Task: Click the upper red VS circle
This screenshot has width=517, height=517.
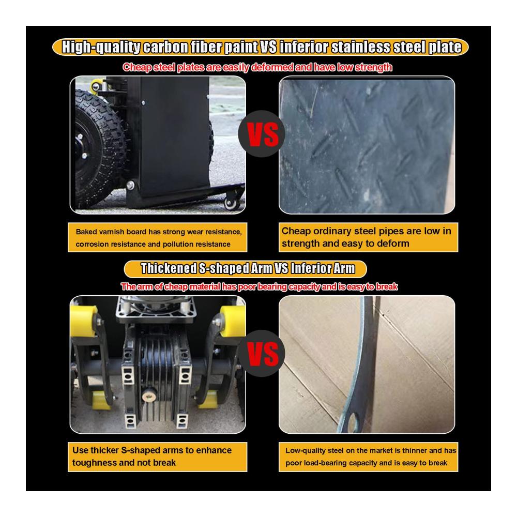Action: (262, 133)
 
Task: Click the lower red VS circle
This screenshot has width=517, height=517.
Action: (262, 354)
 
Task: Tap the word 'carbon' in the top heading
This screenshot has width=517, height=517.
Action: (166, 47)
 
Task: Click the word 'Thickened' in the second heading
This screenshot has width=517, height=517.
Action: (169, 268)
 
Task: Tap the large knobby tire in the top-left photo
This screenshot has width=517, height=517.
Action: (99, 148)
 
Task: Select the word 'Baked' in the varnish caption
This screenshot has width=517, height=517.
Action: (86, 232)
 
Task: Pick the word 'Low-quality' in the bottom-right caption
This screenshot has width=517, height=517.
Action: (306, 451)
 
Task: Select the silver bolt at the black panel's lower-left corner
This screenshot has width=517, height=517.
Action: (131, 185)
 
